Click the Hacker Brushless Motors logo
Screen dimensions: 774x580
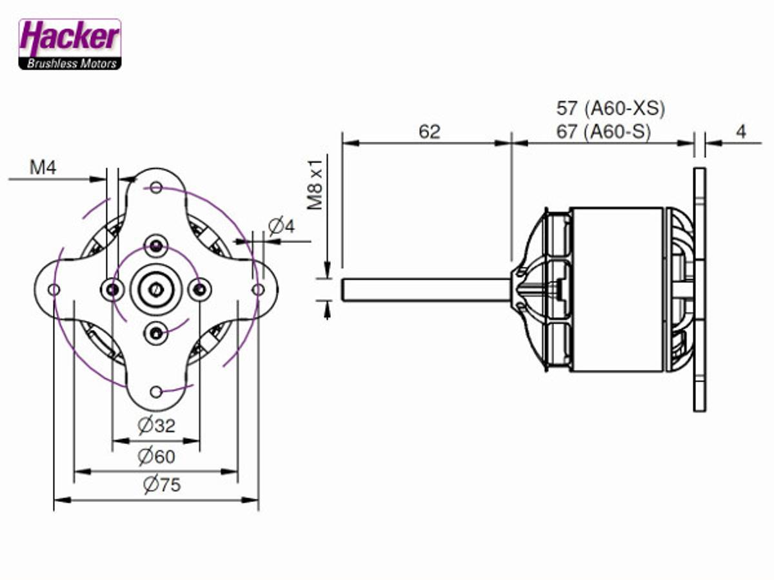click(x=70, y=44)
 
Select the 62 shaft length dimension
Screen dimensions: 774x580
click(x=430, y=132)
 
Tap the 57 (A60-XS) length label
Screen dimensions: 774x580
click(x=610, y=108)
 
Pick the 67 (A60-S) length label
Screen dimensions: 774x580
click(x=603, y=132)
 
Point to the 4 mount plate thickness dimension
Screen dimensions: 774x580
click(x=741, y=132)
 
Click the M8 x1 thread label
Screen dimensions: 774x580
click(x=315, y=184)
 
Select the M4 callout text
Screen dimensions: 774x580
click(x=43, y=168)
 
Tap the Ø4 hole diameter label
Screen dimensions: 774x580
click(x=281, y=226)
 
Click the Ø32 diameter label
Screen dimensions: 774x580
click(x=156, y=425)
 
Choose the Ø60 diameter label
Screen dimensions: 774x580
click(x=156, y=456)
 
